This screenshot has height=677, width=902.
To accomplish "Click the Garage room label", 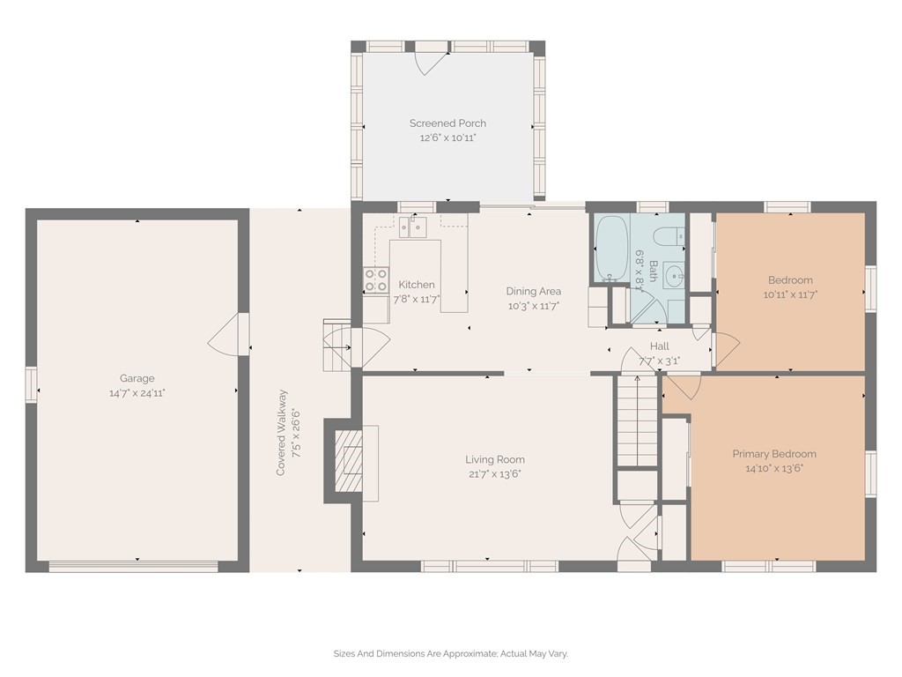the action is click(x=137, y=378).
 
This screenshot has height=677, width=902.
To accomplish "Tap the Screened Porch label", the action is click(x=447, y=123).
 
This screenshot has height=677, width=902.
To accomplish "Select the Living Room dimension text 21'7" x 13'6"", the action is click(x=495, y=473).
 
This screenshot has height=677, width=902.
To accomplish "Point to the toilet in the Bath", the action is click(x=670, y=237).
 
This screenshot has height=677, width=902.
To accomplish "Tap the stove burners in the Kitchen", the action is click(x=375, y=279).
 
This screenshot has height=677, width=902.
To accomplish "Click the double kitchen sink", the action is click(x=413, y=227).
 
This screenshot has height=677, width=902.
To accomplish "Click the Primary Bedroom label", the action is click(x=774, y=454).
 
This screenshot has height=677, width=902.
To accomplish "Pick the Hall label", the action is click(x=659, y=346).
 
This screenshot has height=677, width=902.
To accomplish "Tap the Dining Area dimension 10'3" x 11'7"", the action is click(x=533, y=306).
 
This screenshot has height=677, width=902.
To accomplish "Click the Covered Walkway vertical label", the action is click(x=281, y=433).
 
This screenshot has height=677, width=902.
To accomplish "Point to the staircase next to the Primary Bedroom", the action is click(x=637, y=420).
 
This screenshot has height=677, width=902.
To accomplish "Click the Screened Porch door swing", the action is click(x=433, y=63).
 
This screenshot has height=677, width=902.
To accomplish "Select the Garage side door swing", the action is click(x=228, y=334).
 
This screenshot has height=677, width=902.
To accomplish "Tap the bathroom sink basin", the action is click(x=674, y=276).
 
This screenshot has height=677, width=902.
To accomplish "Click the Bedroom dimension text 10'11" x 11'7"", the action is click(x=790, y=294).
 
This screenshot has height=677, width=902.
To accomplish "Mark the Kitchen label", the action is click(x=417, y=285).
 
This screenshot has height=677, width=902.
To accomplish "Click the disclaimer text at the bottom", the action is click(x=451, y=653).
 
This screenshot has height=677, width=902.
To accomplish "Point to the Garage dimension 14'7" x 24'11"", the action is click(x=137, y=393).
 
